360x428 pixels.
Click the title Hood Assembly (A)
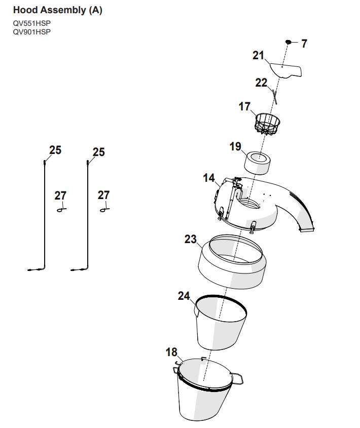(58, 10)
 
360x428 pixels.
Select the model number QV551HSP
(32, 23)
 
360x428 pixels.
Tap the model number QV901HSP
(32, 32)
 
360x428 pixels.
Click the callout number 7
(304, 44)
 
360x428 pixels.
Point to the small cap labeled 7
(288, 42)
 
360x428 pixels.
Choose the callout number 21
(258, 55)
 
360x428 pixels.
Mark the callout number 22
(261, 83)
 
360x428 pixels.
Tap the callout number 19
(235, 146)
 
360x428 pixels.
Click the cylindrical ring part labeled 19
(257, 163)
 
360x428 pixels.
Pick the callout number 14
(209, 178)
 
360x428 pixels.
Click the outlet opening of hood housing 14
(307, 228)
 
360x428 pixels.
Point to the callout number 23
(191, 240)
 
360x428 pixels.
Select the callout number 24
(184, 296)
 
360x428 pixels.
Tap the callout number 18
(171, 352)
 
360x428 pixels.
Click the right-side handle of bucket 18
(237, 378)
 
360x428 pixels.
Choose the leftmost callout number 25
(55, 150)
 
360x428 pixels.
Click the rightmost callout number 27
(103, 195)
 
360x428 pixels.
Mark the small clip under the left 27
(61, 210)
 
